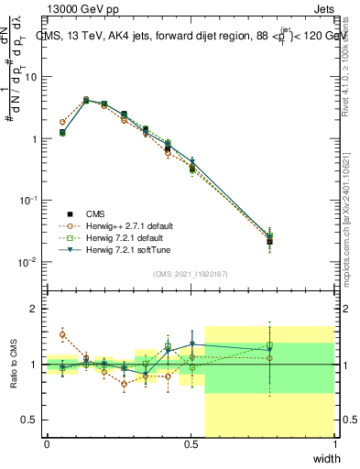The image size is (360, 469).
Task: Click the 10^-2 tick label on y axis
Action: tap(27, 262)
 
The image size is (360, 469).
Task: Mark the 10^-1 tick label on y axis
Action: tap(27, 200)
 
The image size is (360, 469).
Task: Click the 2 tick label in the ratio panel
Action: tap(34, 310)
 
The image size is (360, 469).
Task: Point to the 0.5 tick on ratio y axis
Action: tap(29, 420)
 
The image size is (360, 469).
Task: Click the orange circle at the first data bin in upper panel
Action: tap(62, 122)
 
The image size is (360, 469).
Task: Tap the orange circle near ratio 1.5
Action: tap(62, 333)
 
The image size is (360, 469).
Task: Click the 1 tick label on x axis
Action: tap(334, 445)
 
